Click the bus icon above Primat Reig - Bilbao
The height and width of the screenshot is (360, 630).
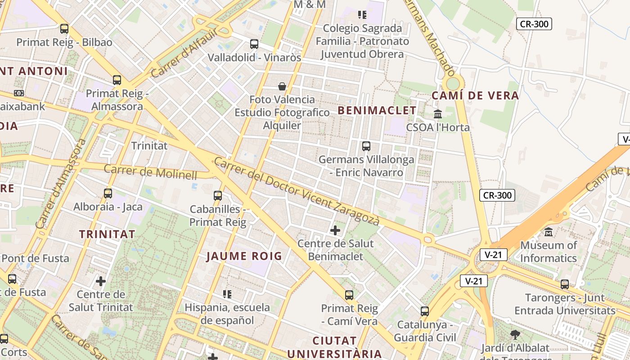coord(64,29)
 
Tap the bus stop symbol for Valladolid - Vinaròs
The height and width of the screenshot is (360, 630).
coord(254,44)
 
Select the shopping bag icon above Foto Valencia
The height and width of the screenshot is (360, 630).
coord(282,86)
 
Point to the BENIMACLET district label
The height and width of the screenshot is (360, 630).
coord(377,110)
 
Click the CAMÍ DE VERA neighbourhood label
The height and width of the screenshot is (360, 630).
coord(475,95)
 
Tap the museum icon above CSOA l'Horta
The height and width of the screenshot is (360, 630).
coord(438,114)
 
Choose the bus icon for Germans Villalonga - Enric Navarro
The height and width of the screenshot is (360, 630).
coord(366,146)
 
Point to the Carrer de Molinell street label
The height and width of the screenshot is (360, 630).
coord(151,172)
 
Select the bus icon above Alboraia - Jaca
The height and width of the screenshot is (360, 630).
coord(108,193)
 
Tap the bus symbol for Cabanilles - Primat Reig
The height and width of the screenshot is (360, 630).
coord(218,196)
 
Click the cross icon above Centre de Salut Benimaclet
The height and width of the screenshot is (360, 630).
coord(335,230)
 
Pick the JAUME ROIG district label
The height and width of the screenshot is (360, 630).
coord(244,256)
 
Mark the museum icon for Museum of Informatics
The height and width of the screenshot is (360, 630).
coord(549,232)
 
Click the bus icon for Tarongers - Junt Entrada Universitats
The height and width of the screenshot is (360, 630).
coord(565,284)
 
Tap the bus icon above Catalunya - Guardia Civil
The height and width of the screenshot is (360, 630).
coord(425,311)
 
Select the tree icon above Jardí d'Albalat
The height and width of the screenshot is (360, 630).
coord(515,335)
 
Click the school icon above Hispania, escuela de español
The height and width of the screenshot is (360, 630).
coord(227,294)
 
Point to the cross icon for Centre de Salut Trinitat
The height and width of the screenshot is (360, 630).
coord(101,281)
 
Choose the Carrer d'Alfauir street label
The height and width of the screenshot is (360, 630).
coord(184,52)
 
